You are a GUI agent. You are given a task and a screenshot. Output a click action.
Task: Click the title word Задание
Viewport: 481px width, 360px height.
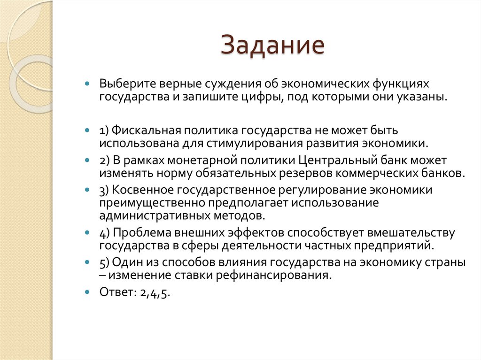(x=273, y=46)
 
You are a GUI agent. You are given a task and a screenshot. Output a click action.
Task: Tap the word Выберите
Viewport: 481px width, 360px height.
(x=121, y=83)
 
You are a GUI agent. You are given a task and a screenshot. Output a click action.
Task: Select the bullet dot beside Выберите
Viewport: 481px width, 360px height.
(x=87, y=83)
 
